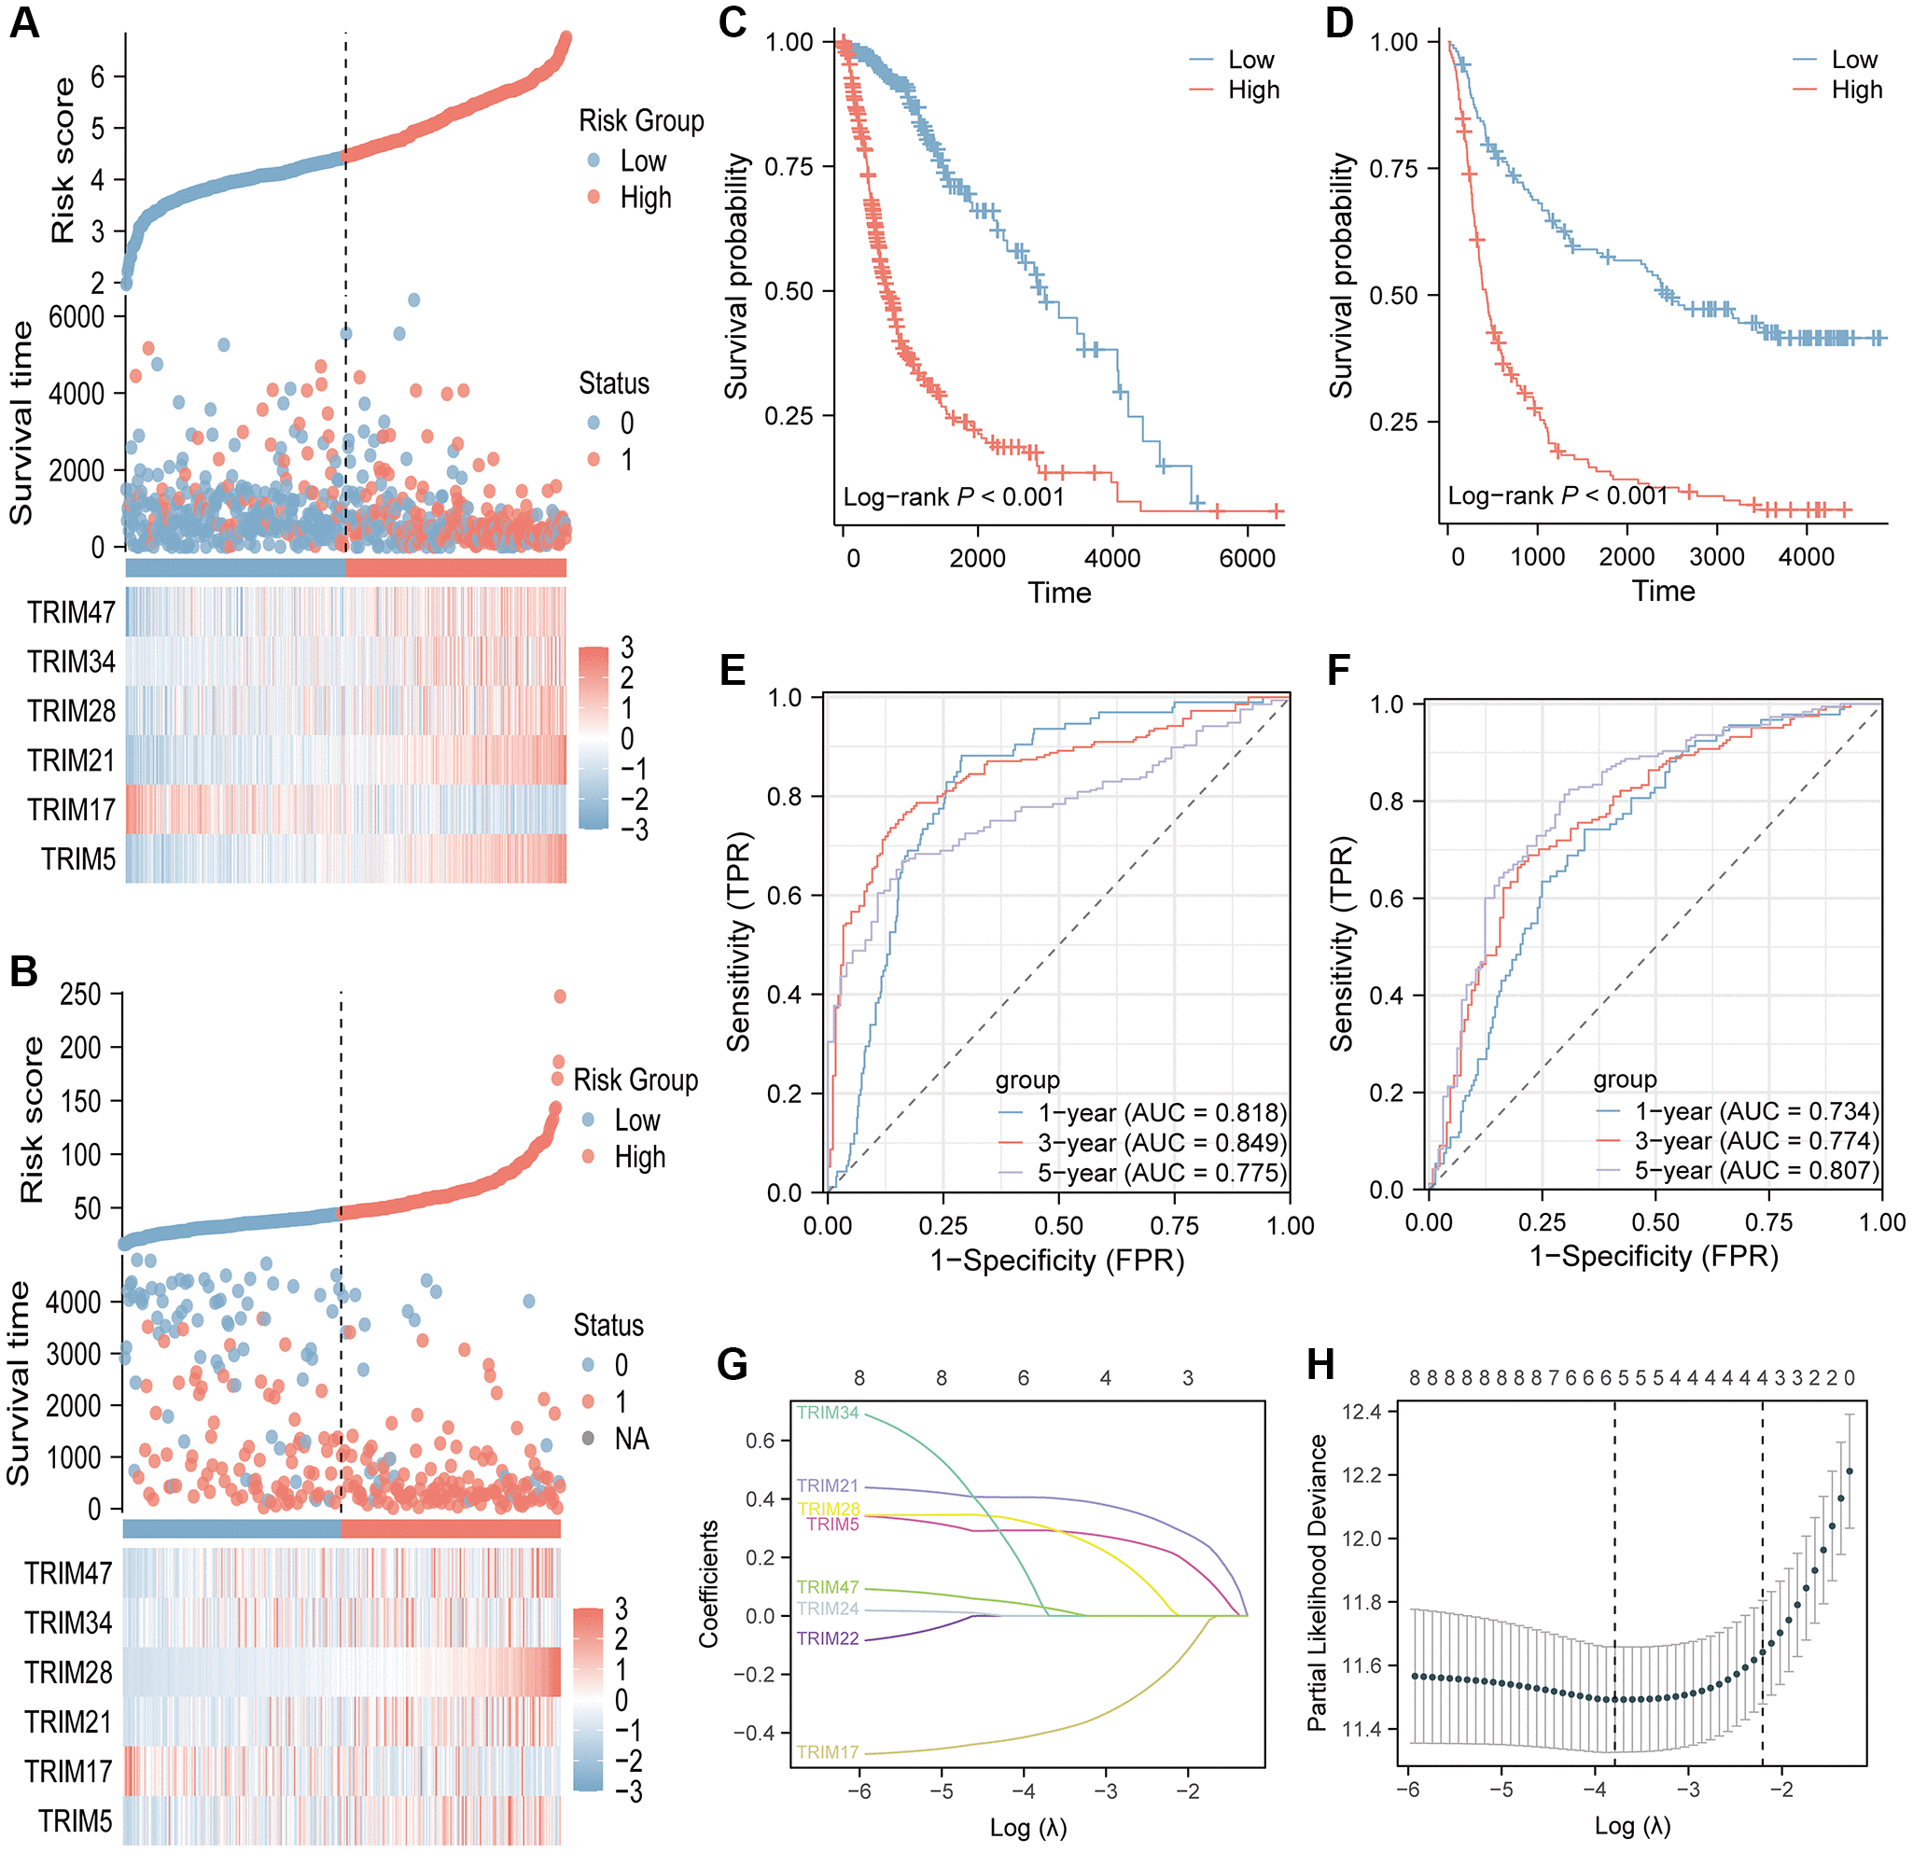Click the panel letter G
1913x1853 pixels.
tap(732, 1364)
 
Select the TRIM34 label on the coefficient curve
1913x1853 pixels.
tap(828, 1412)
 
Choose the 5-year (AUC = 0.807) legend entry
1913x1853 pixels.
tap(1757, 1170)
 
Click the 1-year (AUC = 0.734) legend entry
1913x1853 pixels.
tap(1757, 1111)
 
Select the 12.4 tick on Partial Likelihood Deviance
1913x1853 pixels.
tap(1361, 1411)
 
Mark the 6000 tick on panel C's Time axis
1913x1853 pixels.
tap(1248, 558)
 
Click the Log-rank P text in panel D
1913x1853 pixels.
tap(1557, 495)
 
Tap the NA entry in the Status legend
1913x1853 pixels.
tap(632, 1439)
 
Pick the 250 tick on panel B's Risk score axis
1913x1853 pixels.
tap(80, 995)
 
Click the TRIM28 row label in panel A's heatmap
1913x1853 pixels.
tap(71, 710)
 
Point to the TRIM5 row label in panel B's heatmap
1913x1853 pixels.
tap(76, 1820)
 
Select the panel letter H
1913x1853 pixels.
tap(1320, 1364)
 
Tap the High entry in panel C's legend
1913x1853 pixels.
tap(1253, 90)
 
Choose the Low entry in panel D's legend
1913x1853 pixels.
tap(1854, 60)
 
